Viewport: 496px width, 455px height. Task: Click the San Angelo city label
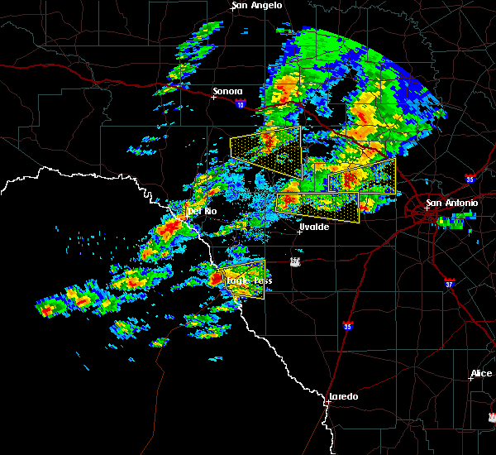(257, 5)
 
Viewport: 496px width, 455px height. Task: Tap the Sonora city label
(227, 91)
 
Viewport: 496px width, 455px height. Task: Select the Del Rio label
(202, 211)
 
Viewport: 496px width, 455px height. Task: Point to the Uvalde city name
(314, 227)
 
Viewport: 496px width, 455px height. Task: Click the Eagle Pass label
(249, 280)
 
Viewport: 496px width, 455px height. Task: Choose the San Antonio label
(451, 203)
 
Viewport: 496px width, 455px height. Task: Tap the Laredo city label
(343, 396)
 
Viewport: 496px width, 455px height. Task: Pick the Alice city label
(480, 373)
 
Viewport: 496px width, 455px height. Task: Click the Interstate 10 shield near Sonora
(240, 104)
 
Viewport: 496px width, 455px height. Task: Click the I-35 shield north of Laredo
(349, 327)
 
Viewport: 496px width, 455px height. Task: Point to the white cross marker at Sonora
(213, 97)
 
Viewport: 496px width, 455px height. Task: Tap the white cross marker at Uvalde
(300, 232)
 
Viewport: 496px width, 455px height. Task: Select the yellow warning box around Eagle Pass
(241, 279)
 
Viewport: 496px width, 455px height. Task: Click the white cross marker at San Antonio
(427, 208)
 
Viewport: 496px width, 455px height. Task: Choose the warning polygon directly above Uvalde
(318, 205)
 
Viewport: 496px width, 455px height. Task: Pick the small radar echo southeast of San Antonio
(453, 222)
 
